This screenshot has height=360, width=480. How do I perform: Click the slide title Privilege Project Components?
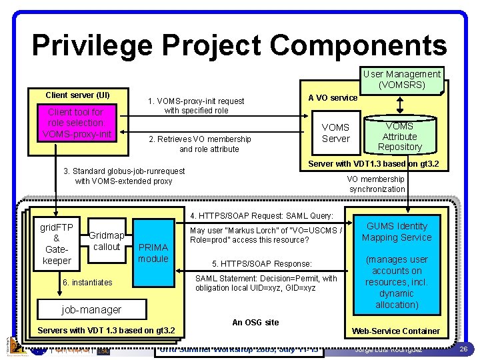(x=239, y=45)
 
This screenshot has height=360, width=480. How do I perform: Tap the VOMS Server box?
(x=335, y=133)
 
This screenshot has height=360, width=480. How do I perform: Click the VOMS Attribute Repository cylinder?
(x=399, y=135)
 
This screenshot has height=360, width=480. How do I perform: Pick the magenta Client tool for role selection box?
(x=75, y=123)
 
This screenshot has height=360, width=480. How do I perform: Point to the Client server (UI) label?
(x=77, y=95)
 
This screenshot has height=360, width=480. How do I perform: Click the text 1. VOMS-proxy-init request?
(x=196, y=101)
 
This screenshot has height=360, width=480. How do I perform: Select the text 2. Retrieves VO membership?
(x=199, y=139)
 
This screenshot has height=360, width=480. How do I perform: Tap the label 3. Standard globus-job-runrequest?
(x=124, y=171)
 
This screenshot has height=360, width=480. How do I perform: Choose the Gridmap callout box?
(x=107, y=241)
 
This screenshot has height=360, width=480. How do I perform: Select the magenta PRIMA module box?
(x=153, y=253)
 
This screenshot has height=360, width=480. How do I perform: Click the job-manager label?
(x=91, y=309)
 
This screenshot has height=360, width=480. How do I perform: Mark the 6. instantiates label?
(x=87, y=283)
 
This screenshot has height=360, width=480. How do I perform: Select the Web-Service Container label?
(x=396, y=331)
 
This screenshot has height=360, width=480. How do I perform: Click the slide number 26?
(x=463, y=349)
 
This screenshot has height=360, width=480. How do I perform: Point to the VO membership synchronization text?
(x=377, y=184)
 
